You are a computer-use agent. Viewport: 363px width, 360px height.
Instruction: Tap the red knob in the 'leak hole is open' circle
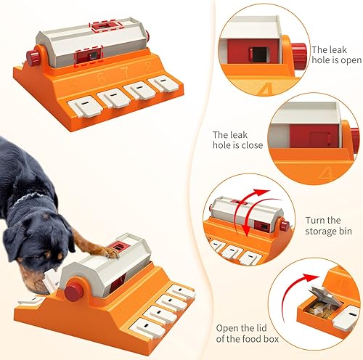pos(298,52)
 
